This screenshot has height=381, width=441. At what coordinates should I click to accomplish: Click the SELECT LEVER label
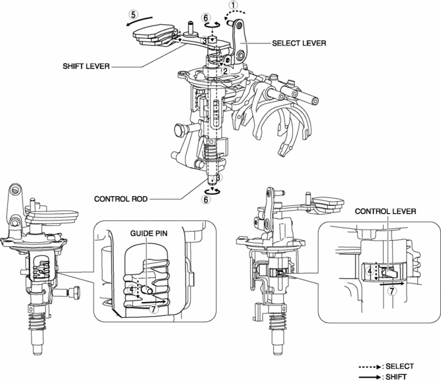tap(299, 43)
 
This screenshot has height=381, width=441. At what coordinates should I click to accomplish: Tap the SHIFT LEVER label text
tap(86, 66)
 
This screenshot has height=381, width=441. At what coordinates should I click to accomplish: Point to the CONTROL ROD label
tap(121, 199)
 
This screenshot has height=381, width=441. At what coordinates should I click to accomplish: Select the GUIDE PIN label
tap(149, 234)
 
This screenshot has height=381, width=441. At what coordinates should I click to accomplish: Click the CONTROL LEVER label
tap(385, 211)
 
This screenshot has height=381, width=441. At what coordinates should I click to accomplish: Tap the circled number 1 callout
tap(234, 5)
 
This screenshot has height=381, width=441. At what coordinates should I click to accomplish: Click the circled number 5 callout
tap(134, 14)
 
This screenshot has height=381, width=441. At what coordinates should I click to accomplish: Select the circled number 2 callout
tap(225, 71)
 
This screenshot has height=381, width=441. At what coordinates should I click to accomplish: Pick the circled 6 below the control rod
tap(206, 199)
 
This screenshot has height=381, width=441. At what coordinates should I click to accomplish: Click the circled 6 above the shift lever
tap(206, 18)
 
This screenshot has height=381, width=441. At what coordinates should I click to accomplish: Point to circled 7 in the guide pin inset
tap(153, 309)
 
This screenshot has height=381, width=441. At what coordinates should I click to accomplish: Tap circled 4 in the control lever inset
tap(370, 271)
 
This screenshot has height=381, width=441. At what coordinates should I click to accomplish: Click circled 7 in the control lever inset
tap(392, 291)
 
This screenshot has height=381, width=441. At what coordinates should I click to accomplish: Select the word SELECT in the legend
tap(400, 367)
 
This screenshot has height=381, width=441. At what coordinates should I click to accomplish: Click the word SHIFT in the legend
tap(396, 377)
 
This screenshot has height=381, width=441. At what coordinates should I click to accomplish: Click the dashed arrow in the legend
tap(370, 367)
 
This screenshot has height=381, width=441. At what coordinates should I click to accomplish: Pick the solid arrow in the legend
tap(370, 377)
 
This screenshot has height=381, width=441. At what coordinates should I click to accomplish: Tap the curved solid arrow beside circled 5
tap(139, 21)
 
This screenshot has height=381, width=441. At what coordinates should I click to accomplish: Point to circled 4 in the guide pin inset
tap(132, 289)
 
